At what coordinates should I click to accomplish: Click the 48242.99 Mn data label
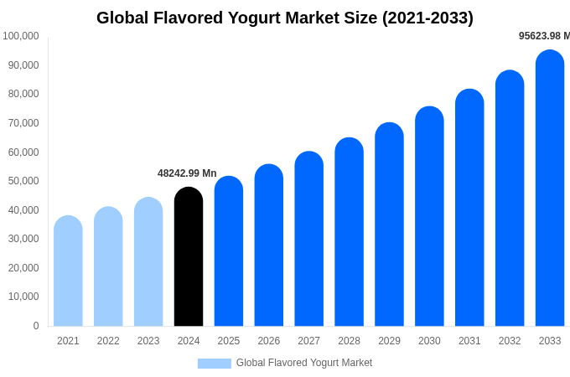coord(187,173)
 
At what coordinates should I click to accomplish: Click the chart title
coord(285,18)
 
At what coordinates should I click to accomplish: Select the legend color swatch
coord(214,364)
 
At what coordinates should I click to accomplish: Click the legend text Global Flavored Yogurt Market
coord(304,363)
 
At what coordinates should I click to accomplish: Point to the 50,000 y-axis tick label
coord(21,181)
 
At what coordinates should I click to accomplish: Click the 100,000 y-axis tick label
coord(21,36)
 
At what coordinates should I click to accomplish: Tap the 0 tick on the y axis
coord(36,326)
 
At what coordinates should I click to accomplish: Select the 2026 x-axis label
coord(269,341)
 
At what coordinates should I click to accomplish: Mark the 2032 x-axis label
coord(510,341)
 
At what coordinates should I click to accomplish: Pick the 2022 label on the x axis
coord(108,341)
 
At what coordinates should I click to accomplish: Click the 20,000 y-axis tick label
coord(21,268)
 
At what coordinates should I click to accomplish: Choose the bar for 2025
coord(229,251)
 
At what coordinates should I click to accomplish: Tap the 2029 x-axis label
coord(389,341)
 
